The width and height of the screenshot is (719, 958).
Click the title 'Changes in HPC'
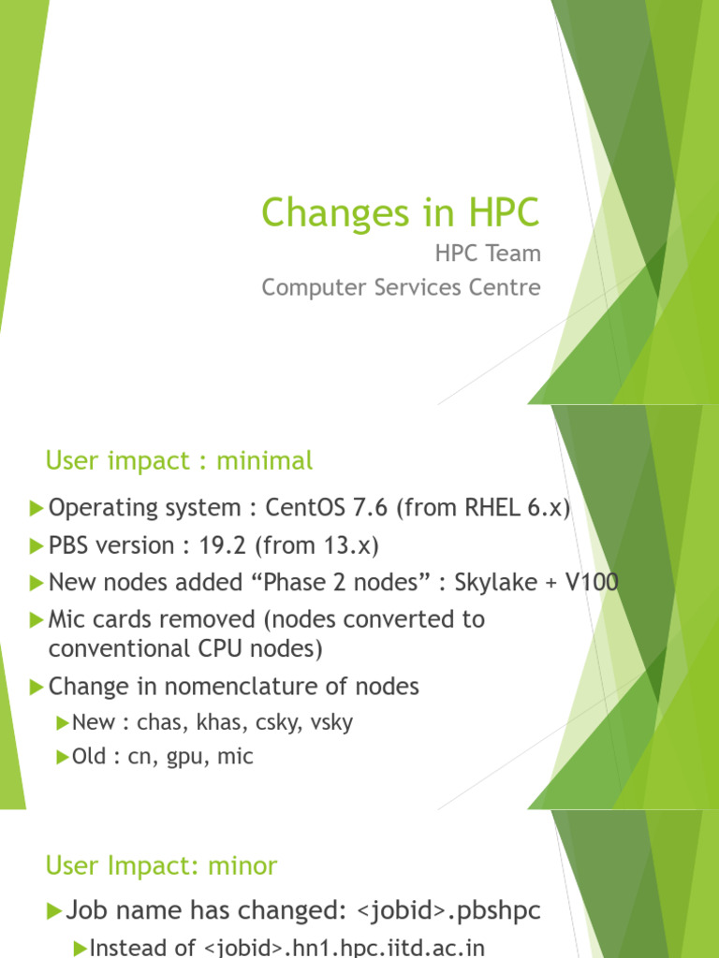(401, 213)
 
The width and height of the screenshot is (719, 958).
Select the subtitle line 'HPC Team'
(487, 254)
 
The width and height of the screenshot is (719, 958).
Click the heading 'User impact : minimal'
(179, 460)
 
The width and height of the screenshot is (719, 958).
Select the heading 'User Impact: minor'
(161, 865)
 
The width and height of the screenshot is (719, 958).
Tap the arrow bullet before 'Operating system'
(37, 508)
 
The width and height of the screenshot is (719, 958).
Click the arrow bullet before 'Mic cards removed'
(37, 620)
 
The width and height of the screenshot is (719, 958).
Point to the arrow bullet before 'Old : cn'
(63, 757)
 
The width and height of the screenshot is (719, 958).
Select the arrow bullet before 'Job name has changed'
(54, 909)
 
